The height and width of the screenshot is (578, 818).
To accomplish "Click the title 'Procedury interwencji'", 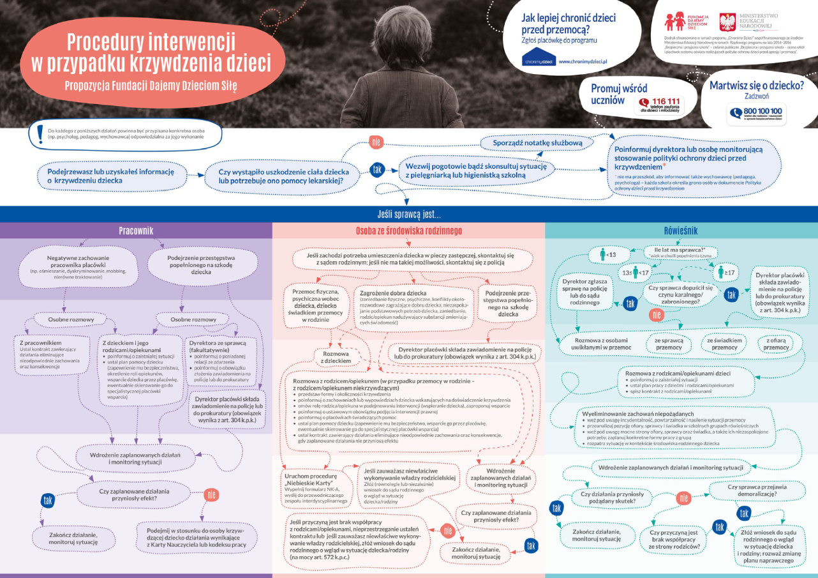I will pyautogui.click(x=149, y=42).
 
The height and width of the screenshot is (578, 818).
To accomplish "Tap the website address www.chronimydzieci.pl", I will pyautogui.click(x=583, y=61).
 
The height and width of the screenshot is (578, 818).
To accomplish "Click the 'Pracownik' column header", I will pyautogui.click(x=136, y=231).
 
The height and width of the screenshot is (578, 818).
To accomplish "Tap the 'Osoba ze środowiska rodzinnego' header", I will pyautogui.click(x=408, y=231).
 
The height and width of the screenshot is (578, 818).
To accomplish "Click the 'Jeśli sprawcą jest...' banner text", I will pyautogui.click(x=408, y=215).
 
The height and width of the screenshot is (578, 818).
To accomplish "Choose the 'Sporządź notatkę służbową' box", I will pyautogui.click(x=538, y=142).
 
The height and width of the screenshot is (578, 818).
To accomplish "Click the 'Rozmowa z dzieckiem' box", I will pyautogui.click(x=336, y=356).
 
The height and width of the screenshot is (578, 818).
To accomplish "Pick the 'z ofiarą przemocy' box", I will pyautogui.click(x=777, y=344).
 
